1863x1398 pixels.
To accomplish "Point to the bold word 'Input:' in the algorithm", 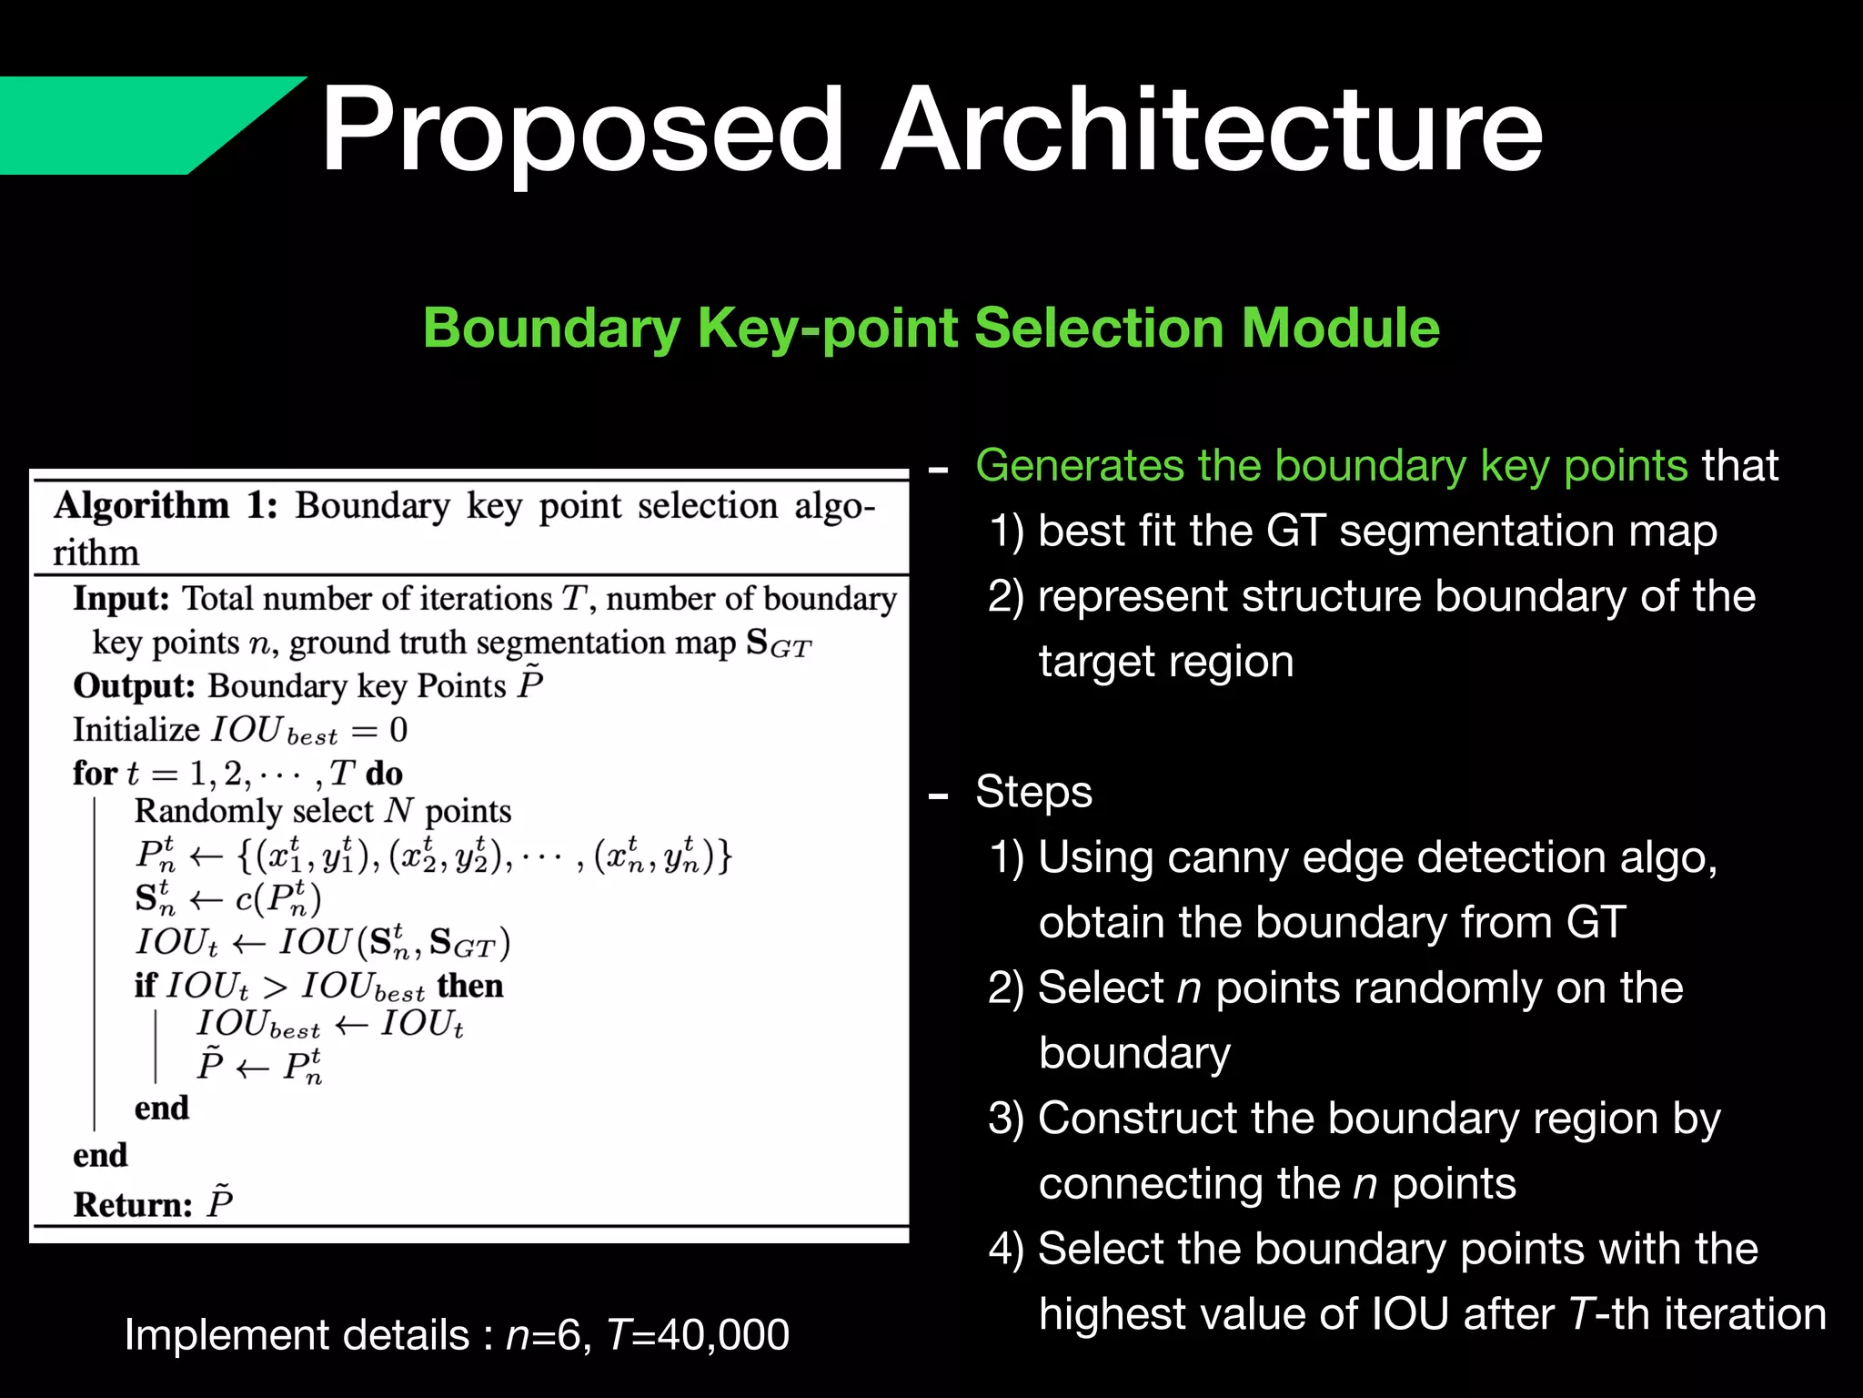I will pos(121,599).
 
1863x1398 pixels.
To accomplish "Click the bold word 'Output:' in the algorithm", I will pos(134,686).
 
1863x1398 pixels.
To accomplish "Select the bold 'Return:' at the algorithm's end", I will pos(133,1205).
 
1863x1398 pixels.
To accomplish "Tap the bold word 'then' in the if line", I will pos(469,986).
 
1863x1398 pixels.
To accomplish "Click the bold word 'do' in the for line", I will pos(384,774).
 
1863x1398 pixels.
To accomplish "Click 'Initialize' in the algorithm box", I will pos(136,730).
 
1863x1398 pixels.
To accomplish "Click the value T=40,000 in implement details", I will pos(697,1335).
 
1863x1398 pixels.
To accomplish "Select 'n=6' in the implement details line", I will pos(543,1335).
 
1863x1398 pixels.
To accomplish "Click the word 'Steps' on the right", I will pos(1033,792).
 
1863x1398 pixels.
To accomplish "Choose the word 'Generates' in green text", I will pos(1079,466).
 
